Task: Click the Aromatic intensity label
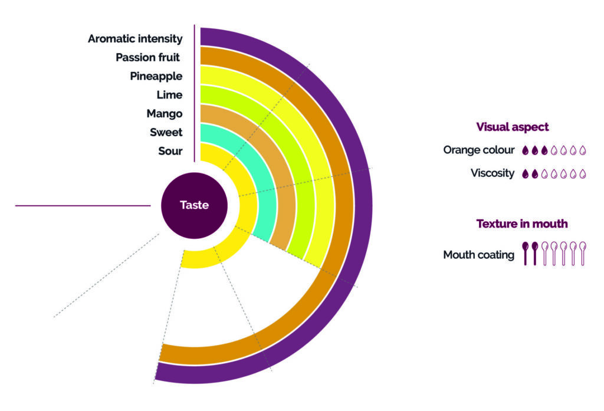click(135, 39)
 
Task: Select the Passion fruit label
click(147, 57)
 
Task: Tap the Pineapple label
click(156, 76)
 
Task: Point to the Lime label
click(169, 95)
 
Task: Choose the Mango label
click(164, 113)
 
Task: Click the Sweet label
click(166, 132)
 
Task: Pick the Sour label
click(170, 151)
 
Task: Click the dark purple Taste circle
click(194, 206)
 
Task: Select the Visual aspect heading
click(512, 127)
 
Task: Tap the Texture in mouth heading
click(521, 223)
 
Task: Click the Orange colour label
click(479, 150)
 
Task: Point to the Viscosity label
click(493, 173)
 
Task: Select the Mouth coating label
click(478, 255)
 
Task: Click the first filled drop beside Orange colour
click(526, 150)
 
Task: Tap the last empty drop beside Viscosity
click(583, 174)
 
